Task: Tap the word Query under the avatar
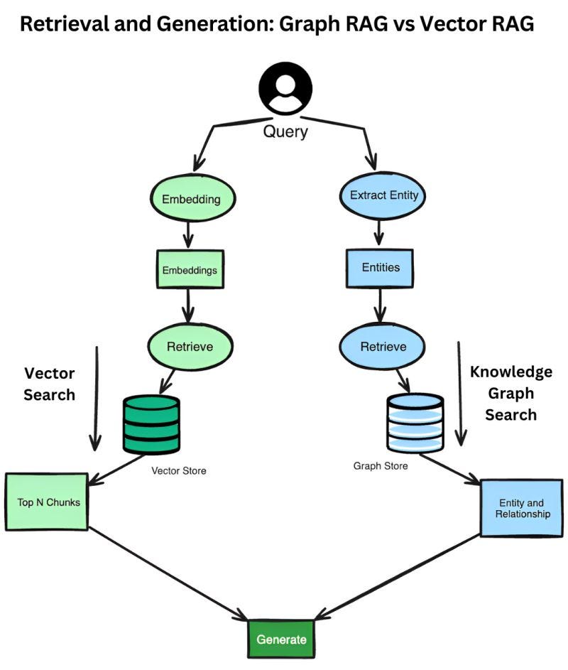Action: coord(285,131)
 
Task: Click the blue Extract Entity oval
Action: coord(384,195)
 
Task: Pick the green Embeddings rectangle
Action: coord(190,270)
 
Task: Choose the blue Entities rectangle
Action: coord(381,267)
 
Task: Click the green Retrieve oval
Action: coord(190,347)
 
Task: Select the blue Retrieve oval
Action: coord(383,346)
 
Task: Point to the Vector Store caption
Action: coord(179,470)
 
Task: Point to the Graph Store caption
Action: coord(381,466)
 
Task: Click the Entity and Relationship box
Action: coord(522,508)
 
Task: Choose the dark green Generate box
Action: coord(281,639)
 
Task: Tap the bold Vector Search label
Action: coord(50,384)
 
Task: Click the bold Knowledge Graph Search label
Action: coord(510,393)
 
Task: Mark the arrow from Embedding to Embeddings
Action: coord(190,234)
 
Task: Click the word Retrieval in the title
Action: coord(59,26)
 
